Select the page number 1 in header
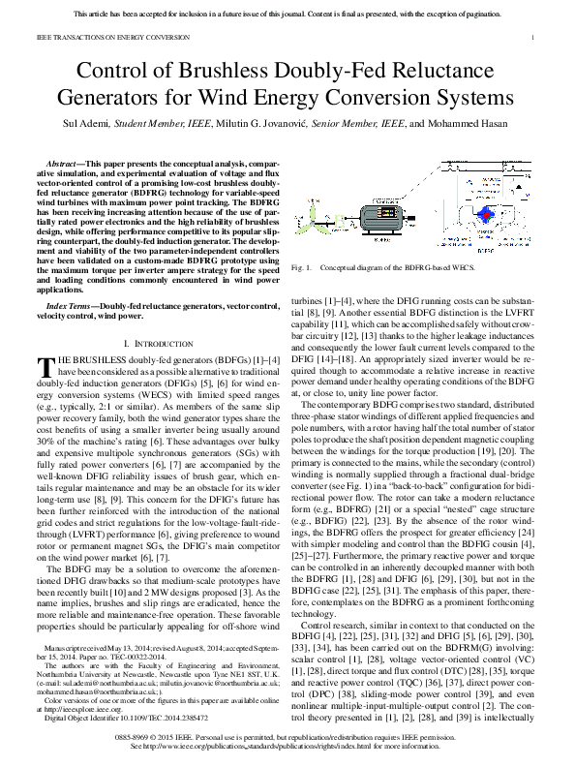click(x=533, y=38)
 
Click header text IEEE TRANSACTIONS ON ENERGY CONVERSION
click(x=101, y=38)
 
